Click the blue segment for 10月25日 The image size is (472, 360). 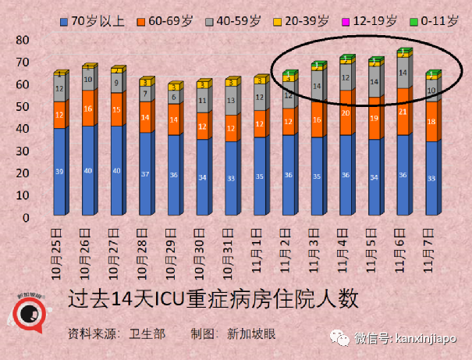click(59, 172)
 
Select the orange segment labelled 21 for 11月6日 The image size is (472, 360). click(403, 112)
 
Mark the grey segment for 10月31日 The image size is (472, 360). click(230, 100)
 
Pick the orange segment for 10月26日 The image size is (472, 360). click(88, 109)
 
